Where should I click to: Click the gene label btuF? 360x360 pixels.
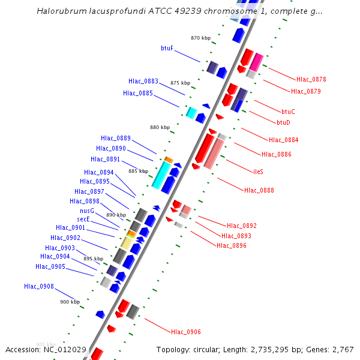[167, 48]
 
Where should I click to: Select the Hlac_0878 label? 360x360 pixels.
[311, 79]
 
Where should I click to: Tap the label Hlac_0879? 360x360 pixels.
[306, 92]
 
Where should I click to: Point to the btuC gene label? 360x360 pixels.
[288, 112]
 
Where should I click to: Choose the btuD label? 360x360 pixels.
[283, 122]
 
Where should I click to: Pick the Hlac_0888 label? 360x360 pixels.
[259, 191]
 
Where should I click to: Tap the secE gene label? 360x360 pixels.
[83, 220]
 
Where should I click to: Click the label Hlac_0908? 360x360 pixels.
[39, 286]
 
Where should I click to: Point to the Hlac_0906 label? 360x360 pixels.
[186, 332]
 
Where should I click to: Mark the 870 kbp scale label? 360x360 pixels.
[201, 38]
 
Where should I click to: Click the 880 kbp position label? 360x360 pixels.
[160, 127]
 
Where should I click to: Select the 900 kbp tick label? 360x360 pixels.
[70, 302]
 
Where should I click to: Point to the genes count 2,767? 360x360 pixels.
[341, 349]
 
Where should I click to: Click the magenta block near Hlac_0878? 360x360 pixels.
[256, 62]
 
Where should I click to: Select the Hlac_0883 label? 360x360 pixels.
[143, 81]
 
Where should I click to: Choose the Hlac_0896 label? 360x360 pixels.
[232, 245]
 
